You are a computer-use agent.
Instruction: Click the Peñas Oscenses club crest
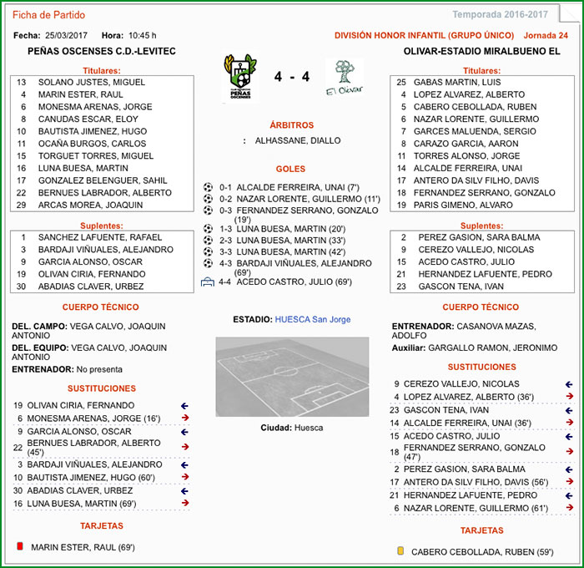point(240,77)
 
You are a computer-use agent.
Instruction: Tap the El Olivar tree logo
point(342,77)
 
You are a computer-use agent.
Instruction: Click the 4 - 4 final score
point(292,77)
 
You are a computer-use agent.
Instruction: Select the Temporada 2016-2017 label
point(500,15)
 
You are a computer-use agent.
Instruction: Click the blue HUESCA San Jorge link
point(313,319)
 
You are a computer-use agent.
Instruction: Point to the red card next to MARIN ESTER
point(19,546)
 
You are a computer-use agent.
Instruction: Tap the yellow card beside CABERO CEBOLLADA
point(400,550)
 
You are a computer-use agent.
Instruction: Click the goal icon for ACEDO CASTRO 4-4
point(208,281)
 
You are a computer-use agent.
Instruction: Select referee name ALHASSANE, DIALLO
point(297,140)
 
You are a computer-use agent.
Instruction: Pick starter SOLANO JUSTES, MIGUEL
point(92,82)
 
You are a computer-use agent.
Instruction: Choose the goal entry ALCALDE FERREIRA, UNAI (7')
point(298,187)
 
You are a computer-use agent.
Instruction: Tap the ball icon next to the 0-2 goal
point(208,200)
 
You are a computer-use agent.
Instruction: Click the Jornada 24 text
point(546,36)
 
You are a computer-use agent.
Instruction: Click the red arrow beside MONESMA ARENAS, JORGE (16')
point(185,418)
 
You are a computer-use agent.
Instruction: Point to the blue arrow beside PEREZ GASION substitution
point(569,469)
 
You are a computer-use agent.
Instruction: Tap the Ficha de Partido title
point(48,15)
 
